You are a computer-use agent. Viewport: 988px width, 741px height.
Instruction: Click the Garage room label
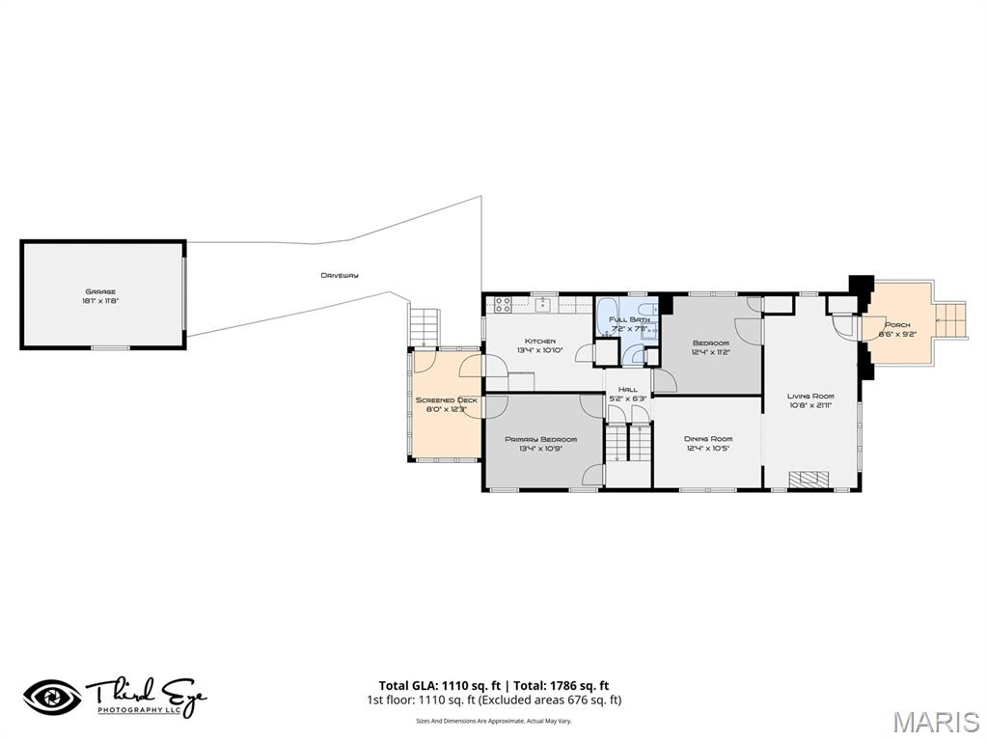click(x=99, y=290)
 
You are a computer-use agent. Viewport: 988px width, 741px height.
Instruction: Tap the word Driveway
click(x=340, y=276)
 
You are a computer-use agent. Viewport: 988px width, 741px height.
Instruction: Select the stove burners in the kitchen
click(x=502, y=304)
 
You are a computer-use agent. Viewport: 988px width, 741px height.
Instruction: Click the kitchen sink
click(x=543, y=304)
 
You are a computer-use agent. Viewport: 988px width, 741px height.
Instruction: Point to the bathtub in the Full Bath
click(x=608, y=316)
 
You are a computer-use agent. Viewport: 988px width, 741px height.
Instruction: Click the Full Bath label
click(x=629, y=319)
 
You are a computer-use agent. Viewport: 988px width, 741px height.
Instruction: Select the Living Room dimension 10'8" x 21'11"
click(x=810, y=405)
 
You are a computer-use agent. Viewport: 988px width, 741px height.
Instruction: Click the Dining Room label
click(x=709, y=438)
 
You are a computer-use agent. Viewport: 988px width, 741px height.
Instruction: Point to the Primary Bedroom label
click(x=540, y=439)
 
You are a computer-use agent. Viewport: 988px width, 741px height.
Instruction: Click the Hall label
click(x=629, y=389)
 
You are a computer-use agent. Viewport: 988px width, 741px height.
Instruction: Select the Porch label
click(x=897, y=325)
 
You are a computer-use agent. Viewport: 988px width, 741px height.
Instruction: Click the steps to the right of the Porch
click(x=950, y=320)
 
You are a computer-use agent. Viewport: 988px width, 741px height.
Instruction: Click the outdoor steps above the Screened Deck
click(x=425, y=327)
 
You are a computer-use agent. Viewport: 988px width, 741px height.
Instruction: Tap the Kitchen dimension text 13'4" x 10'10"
click(x=539, y=350)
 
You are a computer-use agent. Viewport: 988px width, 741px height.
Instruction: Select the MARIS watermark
click(x=935, y=723)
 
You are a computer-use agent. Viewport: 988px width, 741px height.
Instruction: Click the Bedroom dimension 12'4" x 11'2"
click(x=710, y=352)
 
